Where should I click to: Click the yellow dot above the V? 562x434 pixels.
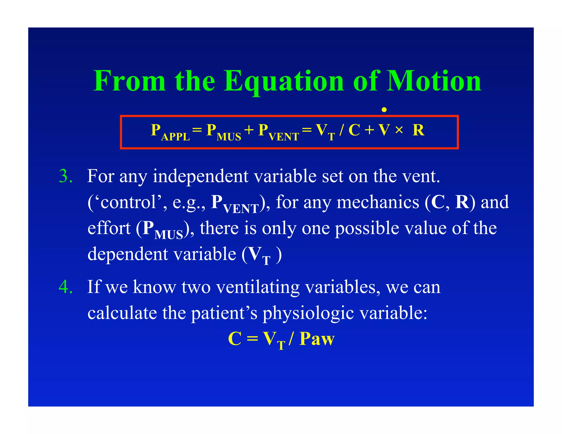click(384, 110)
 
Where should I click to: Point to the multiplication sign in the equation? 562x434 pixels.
click(399, 130)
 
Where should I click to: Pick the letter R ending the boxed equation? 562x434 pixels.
click(418, 130)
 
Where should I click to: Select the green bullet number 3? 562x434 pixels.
click(66, 176)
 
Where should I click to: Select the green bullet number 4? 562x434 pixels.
click(66, 287)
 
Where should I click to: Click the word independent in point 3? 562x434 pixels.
click(200, 176)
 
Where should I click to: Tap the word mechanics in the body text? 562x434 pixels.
click(378, 202)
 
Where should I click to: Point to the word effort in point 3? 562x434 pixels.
click(109, 228)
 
